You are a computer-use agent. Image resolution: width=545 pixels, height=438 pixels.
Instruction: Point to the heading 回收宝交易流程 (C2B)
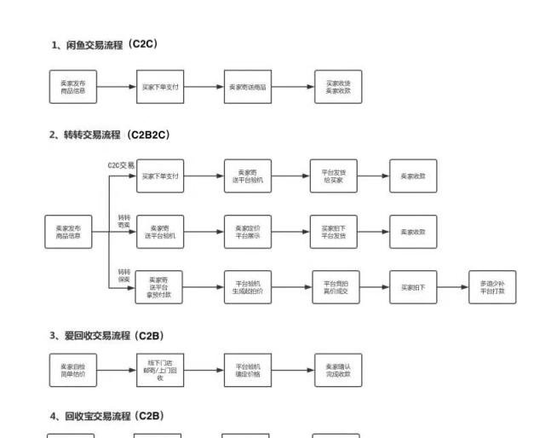[x=107, y=416]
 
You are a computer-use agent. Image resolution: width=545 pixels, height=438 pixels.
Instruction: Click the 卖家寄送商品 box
[x=248, y=87]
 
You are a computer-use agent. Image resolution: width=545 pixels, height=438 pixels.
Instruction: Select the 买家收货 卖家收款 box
[x=338, y=87]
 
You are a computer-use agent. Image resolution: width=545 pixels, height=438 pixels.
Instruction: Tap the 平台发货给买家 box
[x=333, y=176]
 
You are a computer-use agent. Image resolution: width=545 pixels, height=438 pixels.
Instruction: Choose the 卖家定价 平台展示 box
[x=248, y=231]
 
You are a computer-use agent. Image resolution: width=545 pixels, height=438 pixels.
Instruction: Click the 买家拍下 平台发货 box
[x=333, y=231]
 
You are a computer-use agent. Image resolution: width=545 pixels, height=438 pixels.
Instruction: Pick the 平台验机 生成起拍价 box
[x=248, y=287]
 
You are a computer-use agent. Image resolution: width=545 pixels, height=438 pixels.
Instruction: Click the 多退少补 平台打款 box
[x=492, y=287]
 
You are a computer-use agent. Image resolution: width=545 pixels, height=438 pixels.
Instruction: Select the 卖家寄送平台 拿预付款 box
[x=159, y=287]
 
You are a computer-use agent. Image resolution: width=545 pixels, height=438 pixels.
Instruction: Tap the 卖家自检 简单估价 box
[x=72, y=370]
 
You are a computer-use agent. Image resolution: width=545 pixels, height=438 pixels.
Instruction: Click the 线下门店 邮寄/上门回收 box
[x=159, y=370]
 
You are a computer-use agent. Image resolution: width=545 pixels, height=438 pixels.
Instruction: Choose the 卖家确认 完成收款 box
[x=338, y=370]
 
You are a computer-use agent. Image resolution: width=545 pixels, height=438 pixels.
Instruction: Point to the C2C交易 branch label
[x=121, y=164]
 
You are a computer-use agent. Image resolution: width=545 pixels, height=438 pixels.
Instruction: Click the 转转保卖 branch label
[x=124, y=274]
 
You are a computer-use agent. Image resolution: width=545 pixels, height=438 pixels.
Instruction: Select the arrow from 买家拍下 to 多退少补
[x=453, y=287]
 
